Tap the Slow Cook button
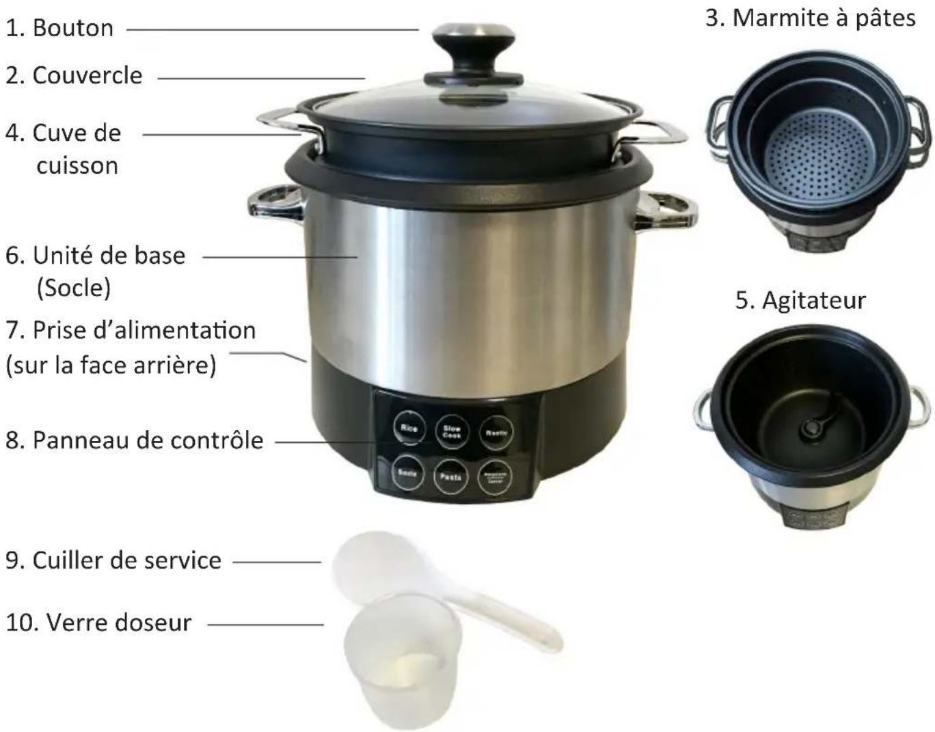(452, 431)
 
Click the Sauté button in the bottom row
(408, 473)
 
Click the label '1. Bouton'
(59, 28)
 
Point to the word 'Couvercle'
(87, 75)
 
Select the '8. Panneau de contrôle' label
(135, 440)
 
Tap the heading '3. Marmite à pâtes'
(810, 18)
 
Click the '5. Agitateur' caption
(800, 300)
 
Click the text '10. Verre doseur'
(99, 623)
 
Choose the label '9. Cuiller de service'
(113, 560)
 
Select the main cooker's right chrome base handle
(666, 208)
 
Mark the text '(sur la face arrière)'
(111, 365)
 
